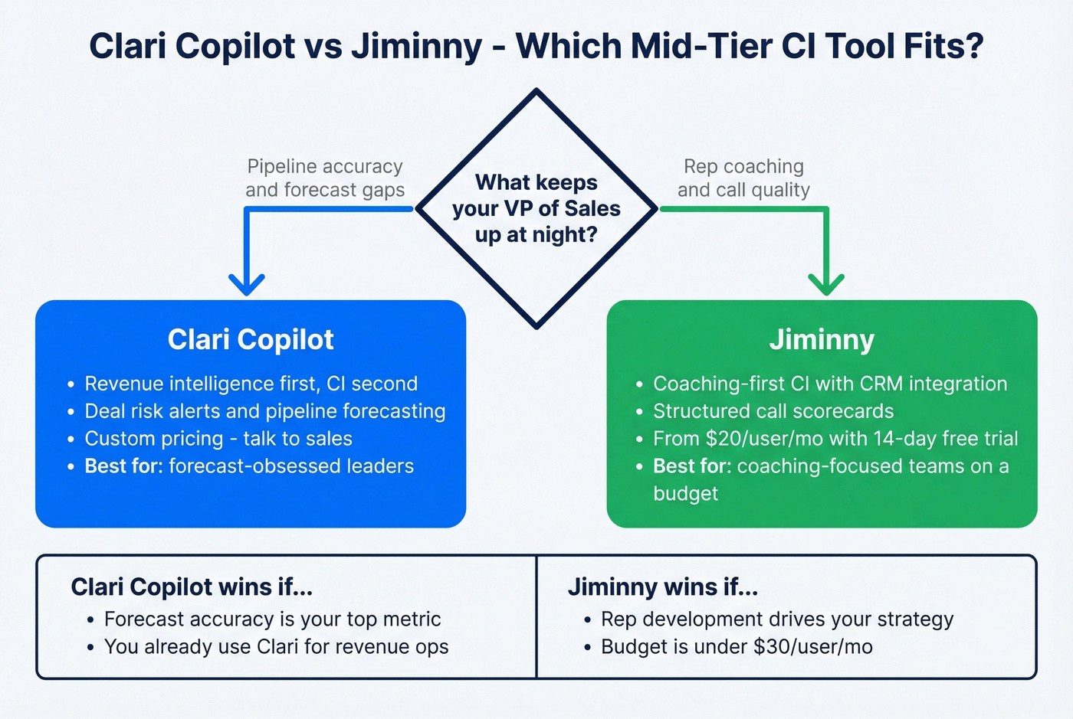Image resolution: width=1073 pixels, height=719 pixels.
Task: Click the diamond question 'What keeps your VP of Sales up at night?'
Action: (536, 208)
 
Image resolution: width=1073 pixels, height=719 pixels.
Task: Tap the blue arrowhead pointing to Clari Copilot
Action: (247, 286)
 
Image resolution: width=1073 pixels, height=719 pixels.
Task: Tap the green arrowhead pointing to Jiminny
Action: (826, 286)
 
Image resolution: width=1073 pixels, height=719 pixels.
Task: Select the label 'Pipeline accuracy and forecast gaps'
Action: (325, 178)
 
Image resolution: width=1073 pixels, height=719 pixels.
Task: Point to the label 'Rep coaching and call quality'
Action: (743, 178)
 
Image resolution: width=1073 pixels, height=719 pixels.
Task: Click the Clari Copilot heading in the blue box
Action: (251, 340)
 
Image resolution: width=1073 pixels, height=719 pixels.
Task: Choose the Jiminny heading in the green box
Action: (822, 340)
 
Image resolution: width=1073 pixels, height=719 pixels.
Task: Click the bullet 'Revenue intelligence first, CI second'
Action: (251, 384)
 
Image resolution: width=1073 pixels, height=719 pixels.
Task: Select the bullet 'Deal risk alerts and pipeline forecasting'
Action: (264, 411)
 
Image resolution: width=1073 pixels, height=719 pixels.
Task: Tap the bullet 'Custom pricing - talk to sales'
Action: (218, 439)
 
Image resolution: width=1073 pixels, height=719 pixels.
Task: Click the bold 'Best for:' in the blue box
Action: (123, 466)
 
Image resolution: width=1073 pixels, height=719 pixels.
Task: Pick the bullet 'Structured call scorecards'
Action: (773, 411)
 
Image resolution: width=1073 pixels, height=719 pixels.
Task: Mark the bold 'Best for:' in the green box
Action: (692, 466)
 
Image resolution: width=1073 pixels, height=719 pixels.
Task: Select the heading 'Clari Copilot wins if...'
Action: (192, 587)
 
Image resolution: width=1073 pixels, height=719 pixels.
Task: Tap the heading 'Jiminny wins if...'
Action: (662, 587)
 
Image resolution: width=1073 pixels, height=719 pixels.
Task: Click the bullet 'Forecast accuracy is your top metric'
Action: (272, 619)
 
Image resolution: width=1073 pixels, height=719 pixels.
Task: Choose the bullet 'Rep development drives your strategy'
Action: (776, 619)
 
